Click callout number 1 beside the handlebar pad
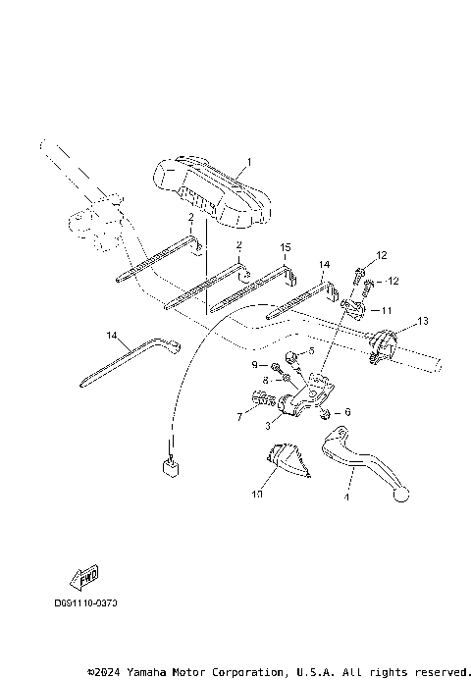(249, 162)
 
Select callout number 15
(286, 247)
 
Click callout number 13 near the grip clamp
(423, 321)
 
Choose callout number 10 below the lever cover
(258, 496)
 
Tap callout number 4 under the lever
(346, 497)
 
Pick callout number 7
(238, 417)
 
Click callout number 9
(253, 365)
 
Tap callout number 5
(312, 350)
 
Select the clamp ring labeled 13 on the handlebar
(383, 346)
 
